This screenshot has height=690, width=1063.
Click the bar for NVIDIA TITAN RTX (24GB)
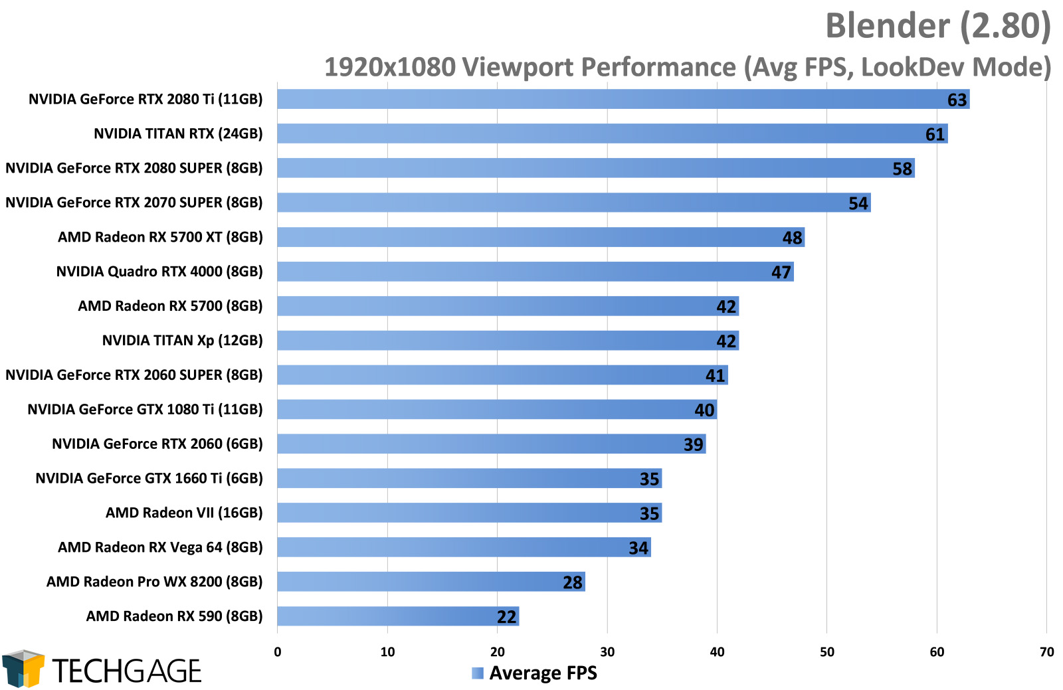[x=611, y=133]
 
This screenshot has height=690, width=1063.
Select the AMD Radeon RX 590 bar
[x=397, y=616]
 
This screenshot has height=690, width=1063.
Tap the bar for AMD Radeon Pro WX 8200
[x=431, y=582]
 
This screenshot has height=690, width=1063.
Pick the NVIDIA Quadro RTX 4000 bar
[x=535, y=272]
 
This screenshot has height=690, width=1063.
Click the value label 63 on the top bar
[x=957, y=100]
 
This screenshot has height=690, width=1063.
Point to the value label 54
[x=858, y=203]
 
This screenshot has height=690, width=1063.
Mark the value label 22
[x=506, y=617]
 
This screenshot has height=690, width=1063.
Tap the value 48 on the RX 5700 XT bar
[x=792, y=238]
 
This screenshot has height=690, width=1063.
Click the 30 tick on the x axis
[x=607, y=652]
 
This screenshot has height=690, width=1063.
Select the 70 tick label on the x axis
[x=1046, y=652]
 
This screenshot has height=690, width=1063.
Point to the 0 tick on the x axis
[x=278, y=652]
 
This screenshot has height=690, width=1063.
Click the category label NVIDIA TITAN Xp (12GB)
[x=182, y=341]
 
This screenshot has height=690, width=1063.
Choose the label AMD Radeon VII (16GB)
[x=184, y=513]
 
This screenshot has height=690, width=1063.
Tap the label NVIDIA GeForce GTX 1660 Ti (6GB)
[x=149, y=478]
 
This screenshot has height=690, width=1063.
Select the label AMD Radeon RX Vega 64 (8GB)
[x=160, y=547]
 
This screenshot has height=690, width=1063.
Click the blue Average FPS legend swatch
[x=478, y=673]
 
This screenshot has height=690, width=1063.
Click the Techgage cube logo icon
[x=23, y=668]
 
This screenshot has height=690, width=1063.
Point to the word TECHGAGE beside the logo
[x=126, y=671]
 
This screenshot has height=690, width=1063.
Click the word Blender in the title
[x=888, y=27]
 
